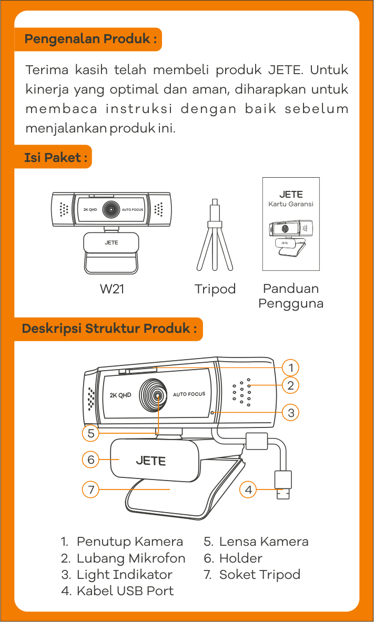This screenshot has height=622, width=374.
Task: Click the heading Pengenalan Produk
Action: point(90,39)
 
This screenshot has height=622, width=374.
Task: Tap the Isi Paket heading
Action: point(56,157)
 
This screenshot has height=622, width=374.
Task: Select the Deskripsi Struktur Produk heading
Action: point(109,329)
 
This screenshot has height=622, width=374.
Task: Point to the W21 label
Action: point(112,289)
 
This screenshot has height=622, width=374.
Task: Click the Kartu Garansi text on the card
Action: point(291,204)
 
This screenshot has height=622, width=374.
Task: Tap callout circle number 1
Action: point(291,367)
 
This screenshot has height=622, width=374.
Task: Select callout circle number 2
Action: point(291,385)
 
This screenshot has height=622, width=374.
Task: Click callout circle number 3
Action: point(291,412)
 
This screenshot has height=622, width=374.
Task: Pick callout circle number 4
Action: point(248,490)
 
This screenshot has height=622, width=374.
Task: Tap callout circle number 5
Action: point(91,434)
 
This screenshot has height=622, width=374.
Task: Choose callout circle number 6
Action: point(91,460)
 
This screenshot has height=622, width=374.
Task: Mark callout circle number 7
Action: point(91,490)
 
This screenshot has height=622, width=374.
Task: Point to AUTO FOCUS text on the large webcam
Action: point(189,394)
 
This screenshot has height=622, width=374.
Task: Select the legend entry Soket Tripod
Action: point(259,575)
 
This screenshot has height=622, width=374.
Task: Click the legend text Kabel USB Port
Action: point(125,591)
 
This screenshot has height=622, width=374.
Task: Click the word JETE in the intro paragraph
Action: point(286,70)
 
